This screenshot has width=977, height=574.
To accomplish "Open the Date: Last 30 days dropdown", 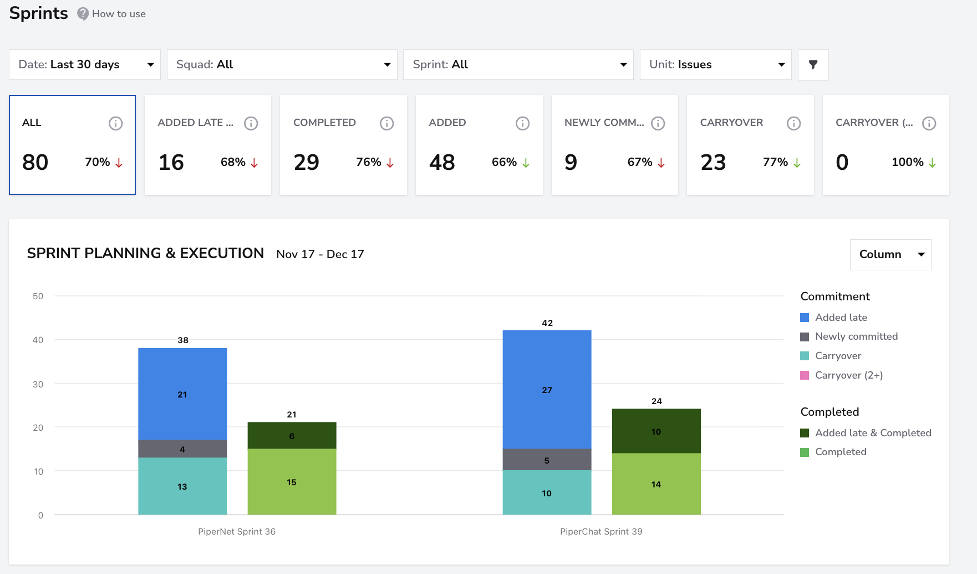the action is tap(85, 64).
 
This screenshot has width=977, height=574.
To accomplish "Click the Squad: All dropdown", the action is tap(282, 64).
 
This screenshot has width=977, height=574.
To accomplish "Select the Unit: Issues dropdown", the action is tap(716, 64).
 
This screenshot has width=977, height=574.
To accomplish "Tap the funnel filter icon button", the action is tap(813, 64).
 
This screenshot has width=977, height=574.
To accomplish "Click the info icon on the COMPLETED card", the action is tap(387, 123).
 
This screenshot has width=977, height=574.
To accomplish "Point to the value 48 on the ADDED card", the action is tap(442, 162).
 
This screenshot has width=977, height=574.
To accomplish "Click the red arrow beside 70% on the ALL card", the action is tap(119, 163).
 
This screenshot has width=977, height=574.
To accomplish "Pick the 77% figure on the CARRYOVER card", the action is tap(775, 162).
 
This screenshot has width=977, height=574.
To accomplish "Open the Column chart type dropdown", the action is tap(891, 254).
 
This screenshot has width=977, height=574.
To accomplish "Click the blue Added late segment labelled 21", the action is tap(182, 394).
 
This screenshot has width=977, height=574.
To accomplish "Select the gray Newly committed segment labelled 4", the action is tap(182, 449).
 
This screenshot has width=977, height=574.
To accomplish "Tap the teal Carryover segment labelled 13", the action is tap(182, 486).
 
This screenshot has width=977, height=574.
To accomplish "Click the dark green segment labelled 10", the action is tap(657, 431).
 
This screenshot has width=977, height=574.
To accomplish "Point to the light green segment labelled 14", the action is tap(657, 484).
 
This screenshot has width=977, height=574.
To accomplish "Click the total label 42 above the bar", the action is tap(547, 323).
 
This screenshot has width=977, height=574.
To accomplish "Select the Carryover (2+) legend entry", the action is tap(842, 375).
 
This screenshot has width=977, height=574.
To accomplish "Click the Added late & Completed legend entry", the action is tap(866, 433).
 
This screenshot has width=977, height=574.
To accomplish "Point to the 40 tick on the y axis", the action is tap(38, 340).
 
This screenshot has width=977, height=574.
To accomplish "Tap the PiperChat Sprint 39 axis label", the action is tap(601, 531).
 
